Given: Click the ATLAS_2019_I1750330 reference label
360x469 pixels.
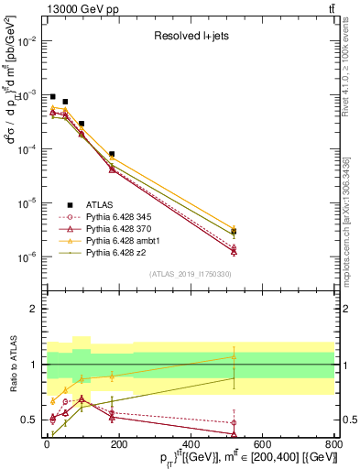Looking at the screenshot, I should [190, 274].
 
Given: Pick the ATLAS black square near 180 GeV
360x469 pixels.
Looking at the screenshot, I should [112, 155].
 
